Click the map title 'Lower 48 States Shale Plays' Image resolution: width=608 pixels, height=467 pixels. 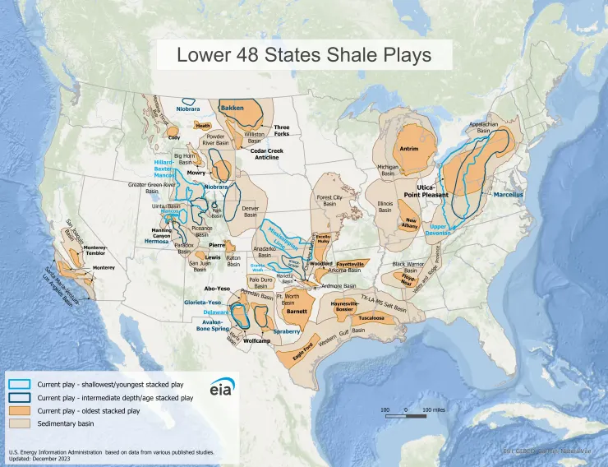pyautogui.click(x=304, y=56)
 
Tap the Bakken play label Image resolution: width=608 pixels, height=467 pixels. pyautogui.click(x=233, y=108)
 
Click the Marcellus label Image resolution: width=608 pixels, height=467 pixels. pyautogui.click(x=509, y=195)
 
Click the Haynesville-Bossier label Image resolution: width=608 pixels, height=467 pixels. pyautogui.click(x=348, y=307)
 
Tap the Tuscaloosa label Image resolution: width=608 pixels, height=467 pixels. pyautogui.click(x=372, y=317)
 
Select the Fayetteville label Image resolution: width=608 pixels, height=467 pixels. pyautogui.click(x=352, y=263)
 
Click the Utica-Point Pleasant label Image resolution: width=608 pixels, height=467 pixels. pyautogui.click(x=426, y=191)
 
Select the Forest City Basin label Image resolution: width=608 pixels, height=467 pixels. pyautogui.click(x=329, y=201)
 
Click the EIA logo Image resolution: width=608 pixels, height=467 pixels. pyautogui.click(x=221, y=390)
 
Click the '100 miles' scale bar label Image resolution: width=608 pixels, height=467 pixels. pyautogui.click(x=434, y=409)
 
